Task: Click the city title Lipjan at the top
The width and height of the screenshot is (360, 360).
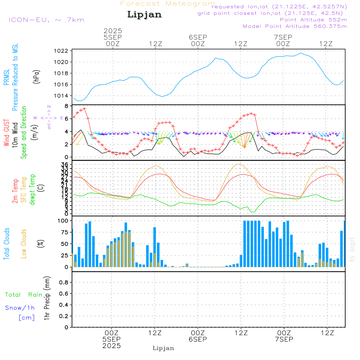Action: coord(144,15)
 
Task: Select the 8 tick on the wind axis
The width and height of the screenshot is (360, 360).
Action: coord(66,106)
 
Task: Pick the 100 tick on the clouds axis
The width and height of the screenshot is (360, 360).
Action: coord(63,221)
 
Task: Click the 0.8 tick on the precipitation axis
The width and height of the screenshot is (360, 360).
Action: coord(64,283)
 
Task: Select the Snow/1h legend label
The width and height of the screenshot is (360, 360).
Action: coord(20,308)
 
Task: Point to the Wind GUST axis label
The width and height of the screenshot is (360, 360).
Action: coord(7,134)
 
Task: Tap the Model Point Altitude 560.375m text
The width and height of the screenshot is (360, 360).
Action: coord(295,26)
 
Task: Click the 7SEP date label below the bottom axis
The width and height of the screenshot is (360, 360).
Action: coord(284,339)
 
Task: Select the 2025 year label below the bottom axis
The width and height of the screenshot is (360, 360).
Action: coord(112,346)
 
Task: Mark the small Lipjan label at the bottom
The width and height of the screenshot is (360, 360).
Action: coord(163,348)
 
